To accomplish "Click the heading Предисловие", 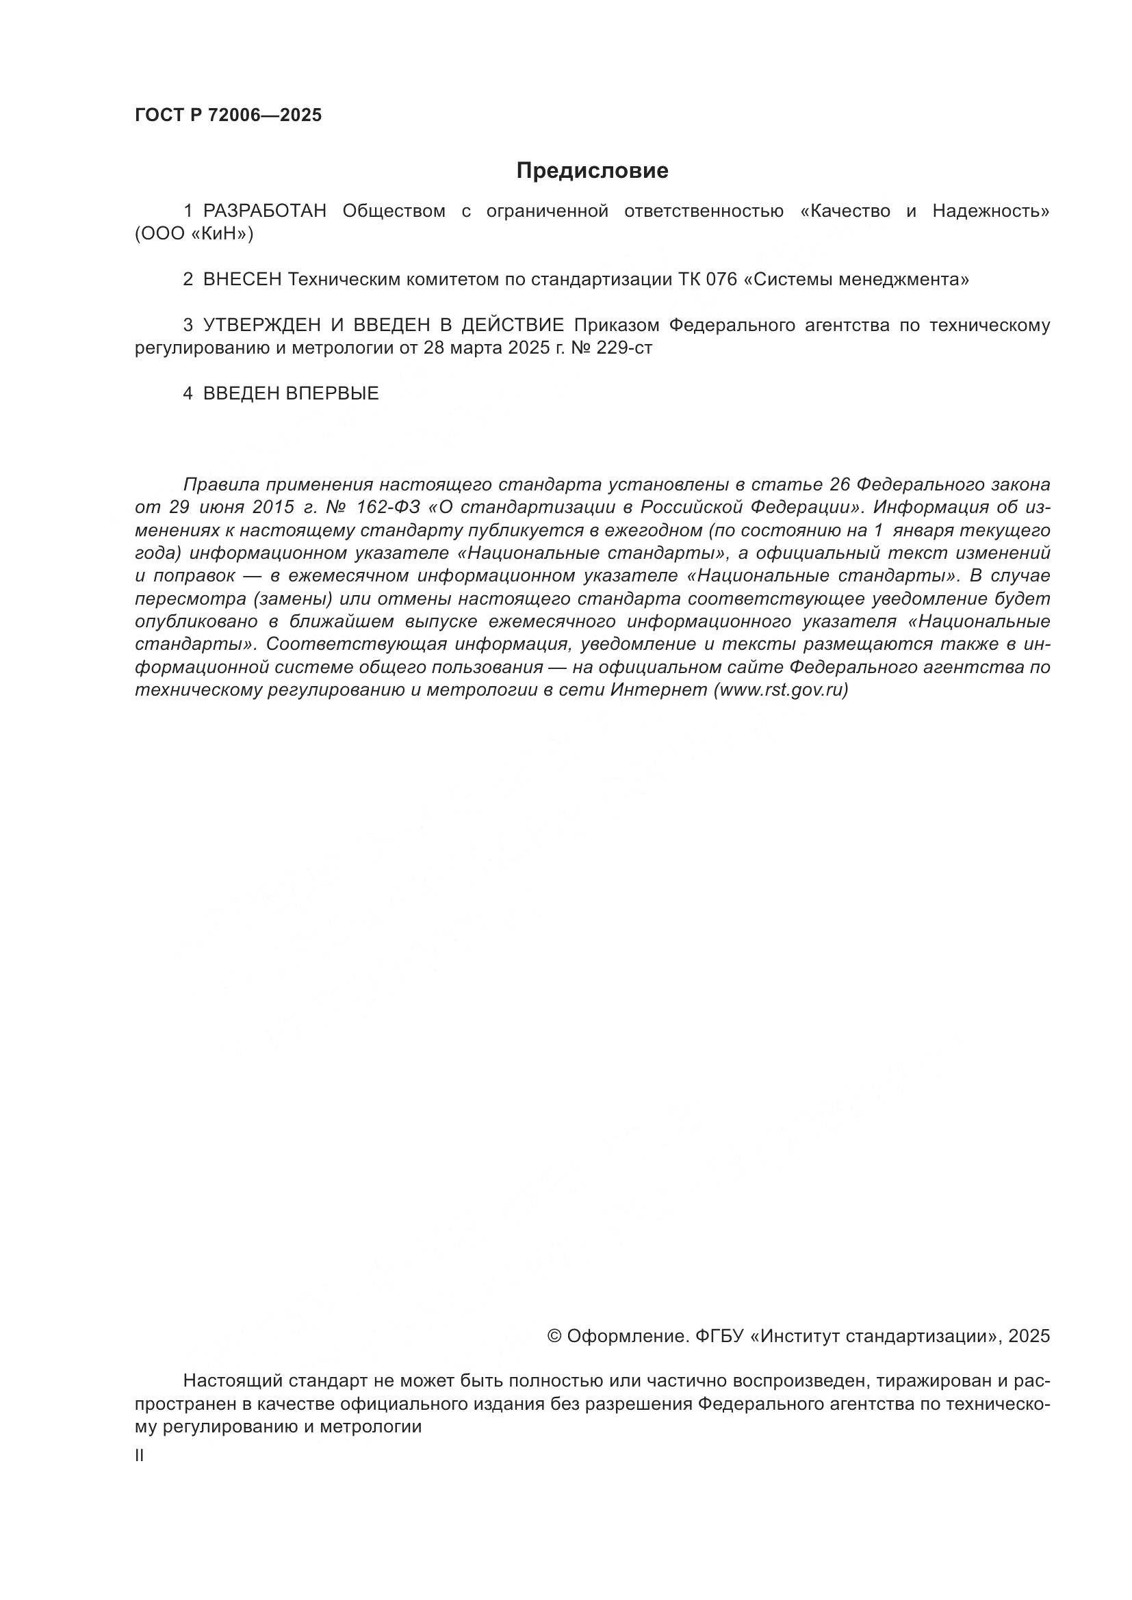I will point(592,171).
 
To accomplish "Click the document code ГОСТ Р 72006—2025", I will point(229,116).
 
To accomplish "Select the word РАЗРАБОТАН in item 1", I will point(265,211).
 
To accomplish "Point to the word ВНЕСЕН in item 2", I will point(242,280).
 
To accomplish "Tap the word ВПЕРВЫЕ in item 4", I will point(333,394).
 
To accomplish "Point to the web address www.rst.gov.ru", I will point(780,690).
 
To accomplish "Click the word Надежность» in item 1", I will point(990,211).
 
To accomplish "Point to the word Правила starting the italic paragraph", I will point(220,484).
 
